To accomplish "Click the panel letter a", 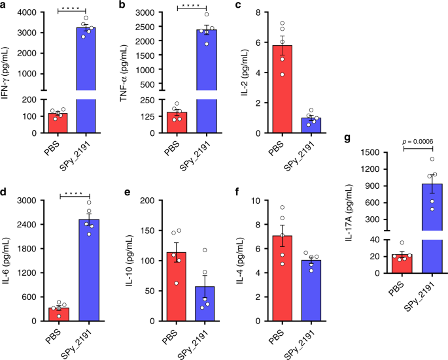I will coord(5,7).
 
